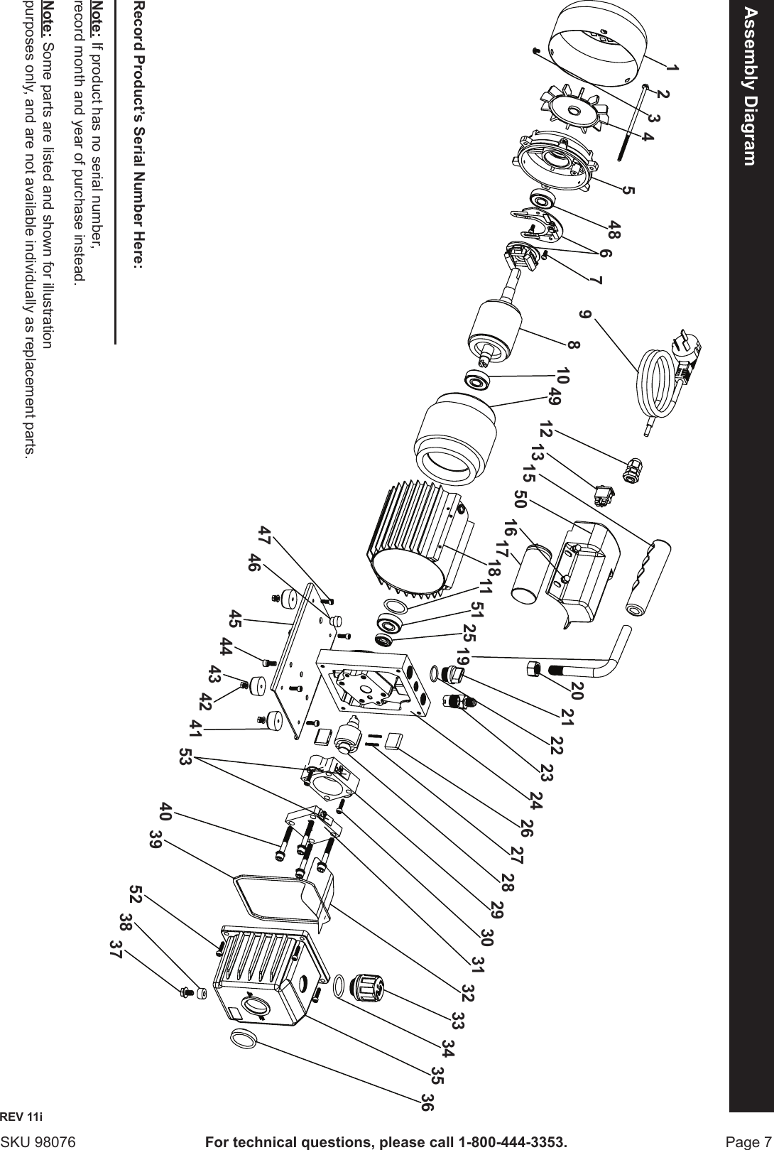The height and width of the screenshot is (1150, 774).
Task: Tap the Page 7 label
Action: click(745, 1141)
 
